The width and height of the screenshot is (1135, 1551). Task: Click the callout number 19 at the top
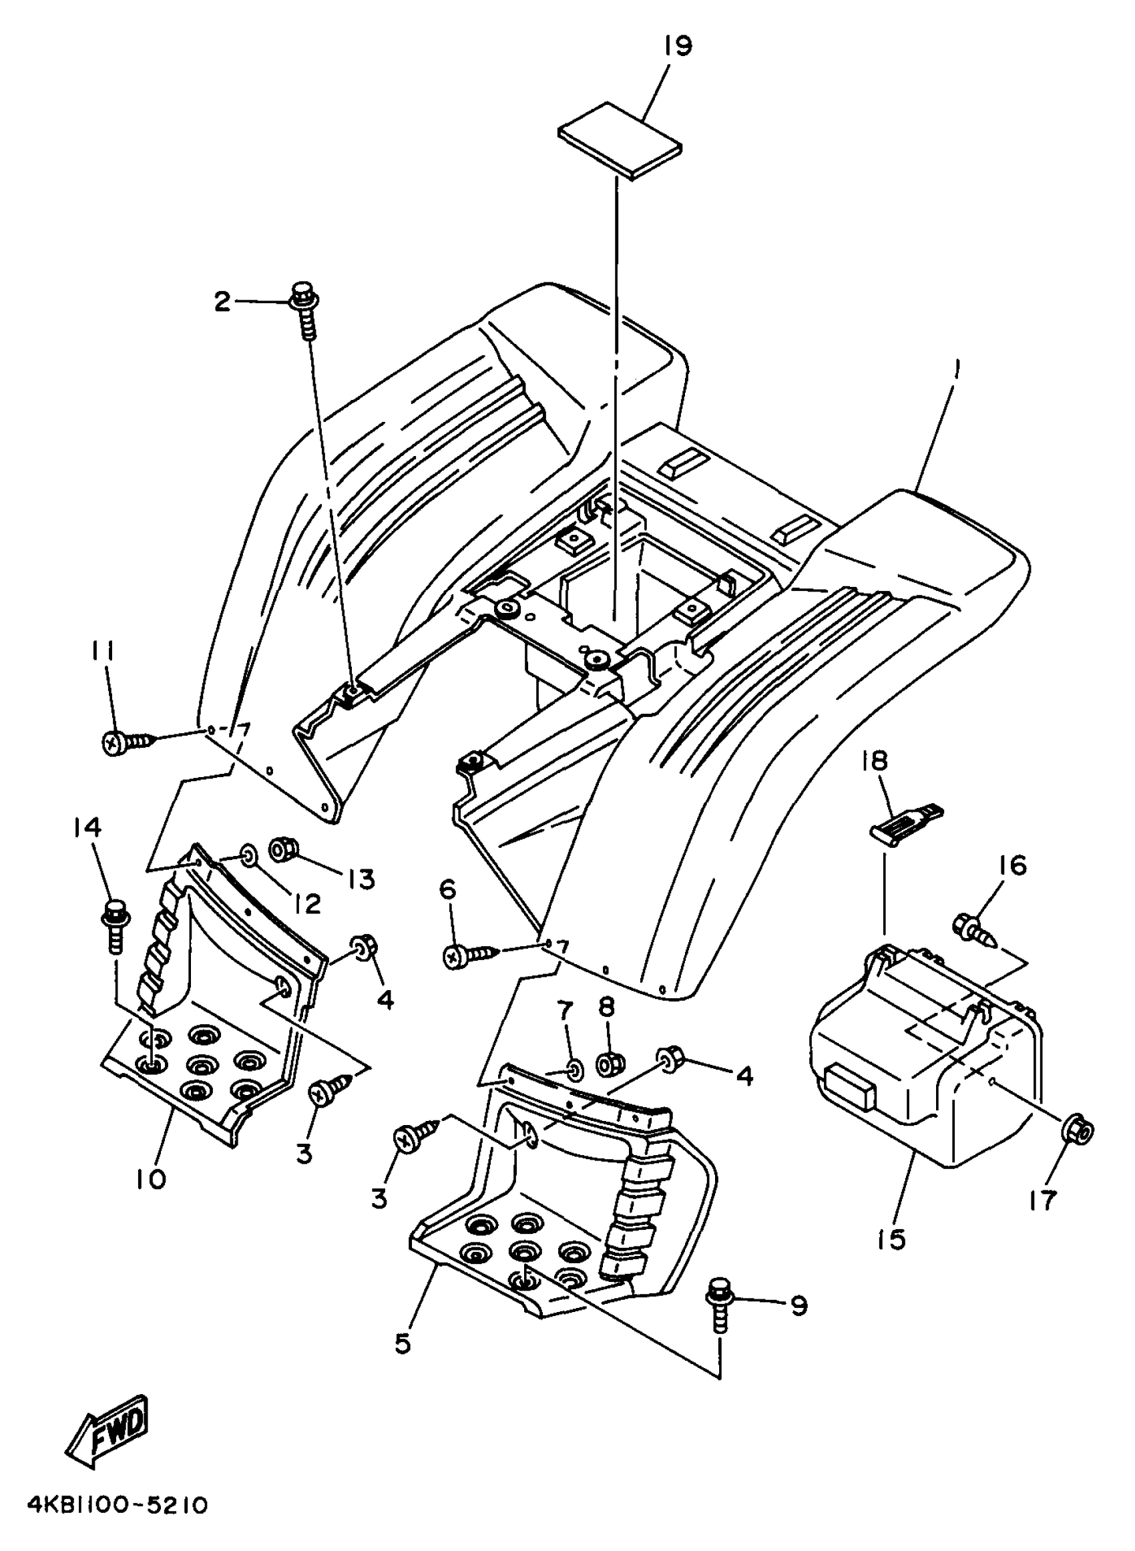[678, 47]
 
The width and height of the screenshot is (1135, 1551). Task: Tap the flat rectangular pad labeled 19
[620, 140]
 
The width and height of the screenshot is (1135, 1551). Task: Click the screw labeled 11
[127, 741]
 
